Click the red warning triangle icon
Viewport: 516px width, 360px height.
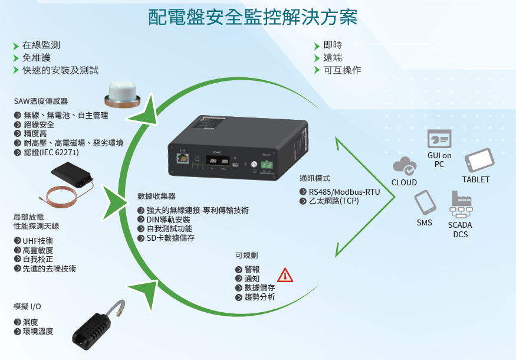[x=285, y=276]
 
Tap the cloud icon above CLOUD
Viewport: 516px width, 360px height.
[x=405, y=166]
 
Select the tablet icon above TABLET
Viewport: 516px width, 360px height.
[x=479, y=160]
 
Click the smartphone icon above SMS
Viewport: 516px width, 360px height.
[x=425, y=202]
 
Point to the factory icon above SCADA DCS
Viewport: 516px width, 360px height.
[x=461, y=204]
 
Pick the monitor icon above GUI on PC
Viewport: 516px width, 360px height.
[x=439, y=139]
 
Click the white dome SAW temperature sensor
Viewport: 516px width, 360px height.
[x=123, y=95]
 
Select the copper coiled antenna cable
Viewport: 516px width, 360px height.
[x=62, y=197]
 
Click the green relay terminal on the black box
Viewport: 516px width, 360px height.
[x=267, y=164]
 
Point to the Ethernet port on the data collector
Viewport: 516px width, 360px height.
[x=183, y=158]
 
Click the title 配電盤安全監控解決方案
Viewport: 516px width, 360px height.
[x=253, y=17]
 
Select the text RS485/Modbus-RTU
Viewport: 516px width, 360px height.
[x=344, y=192]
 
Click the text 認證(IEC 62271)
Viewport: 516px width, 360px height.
[x=51, y=152]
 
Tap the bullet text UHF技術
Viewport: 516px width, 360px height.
[x=38, y=241]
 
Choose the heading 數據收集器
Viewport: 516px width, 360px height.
[x=156, y=196]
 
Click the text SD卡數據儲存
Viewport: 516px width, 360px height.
[x=170, y=238]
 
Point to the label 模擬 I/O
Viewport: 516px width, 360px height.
[x=27, y=306]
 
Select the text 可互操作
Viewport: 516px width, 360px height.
[x=342, y=70]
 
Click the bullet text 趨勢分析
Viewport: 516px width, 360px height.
[x=259, y=297]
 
